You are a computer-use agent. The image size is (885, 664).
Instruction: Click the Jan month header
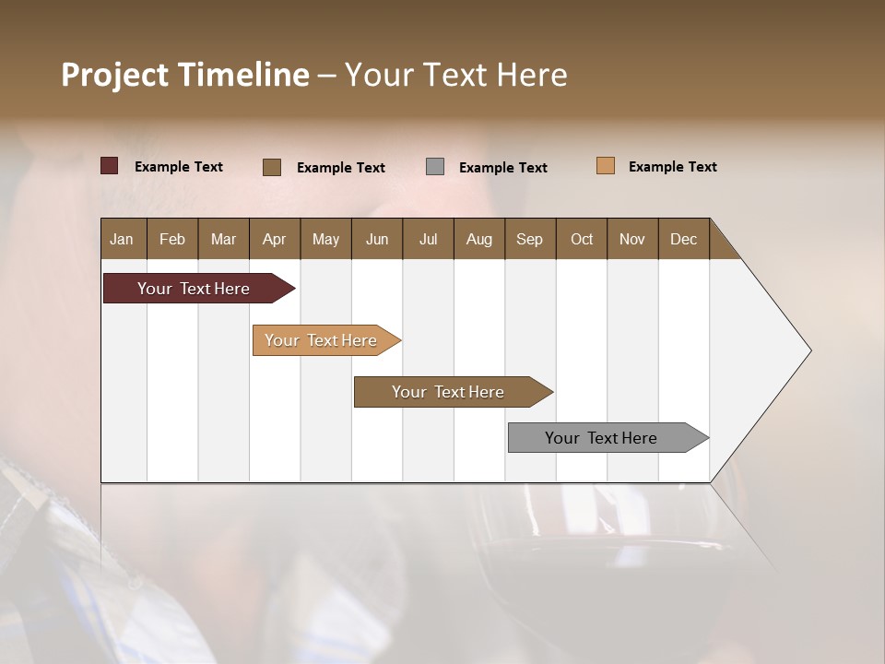pos(123,239)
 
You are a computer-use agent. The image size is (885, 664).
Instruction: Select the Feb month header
pos(172,239)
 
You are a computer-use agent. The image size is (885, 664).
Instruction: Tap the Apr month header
pos(275,239)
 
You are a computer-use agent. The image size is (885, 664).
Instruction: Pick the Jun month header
pos(377,239)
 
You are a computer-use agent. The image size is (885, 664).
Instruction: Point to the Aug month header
pos(479,239)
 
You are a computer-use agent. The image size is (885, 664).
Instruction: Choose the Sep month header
pos(530,239)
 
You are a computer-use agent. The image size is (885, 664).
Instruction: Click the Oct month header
pos(582,239)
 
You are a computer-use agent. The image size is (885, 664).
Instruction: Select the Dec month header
pos(684,239)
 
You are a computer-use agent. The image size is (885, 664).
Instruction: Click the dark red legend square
pos(110,166)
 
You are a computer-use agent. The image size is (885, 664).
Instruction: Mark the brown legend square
pos(272,167)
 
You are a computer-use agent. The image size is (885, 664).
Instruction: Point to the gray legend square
pos(435,166)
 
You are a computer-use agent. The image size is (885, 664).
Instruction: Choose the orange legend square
pos(606,166)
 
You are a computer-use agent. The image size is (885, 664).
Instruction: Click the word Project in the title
pos(114,75)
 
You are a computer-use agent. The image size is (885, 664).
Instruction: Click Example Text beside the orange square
pos(672,167)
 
